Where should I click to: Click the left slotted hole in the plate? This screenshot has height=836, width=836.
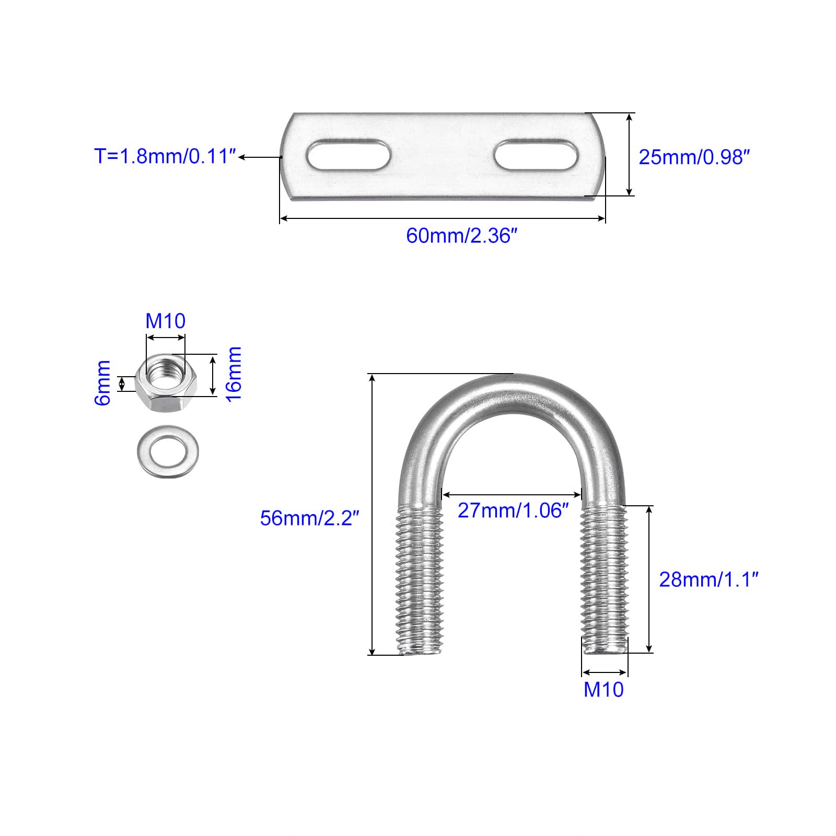[348, 155]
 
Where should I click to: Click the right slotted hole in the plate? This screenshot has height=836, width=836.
[536, 154]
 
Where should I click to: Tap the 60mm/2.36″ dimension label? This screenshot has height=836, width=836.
[461, 236]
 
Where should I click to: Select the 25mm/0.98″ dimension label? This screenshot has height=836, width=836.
[694, 157]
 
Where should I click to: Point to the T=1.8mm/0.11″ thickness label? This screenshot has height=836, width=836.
[165, 156]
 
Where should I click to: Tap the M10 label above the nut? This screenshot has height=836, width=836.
[165, 321]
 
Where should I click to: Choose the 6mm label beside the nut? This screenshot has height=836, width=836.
[102, 382]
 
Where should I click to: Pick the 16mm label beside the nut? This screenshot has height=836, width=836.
[233, 374]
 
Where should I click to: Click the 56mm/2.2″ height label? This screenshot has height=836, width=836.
[310, 518]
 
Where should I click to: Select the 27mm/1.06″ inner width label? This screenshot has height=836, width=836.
[513, 510]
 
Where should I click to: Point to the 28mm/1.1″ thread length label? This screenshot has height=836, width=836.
[709, 579]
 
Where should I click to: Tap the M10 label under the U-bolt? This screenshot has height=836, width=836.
[603, 690]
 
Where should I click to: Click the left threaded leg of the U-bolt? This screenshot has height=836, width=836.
[420, 580]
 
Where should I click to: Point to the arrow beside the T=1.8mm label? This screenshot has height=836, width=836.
[260, 156]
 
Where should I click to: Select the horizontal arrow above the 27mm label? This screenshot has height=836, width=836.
[512, 494]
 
